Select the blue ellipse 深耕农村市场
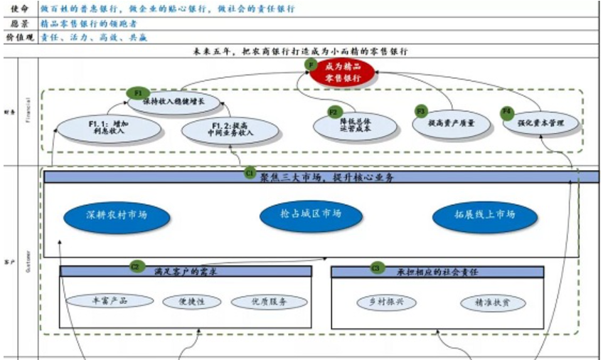tap(117, 214)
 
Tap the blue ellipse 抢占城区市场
tap(311, 214)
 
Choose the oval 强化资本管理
tap(543, 123)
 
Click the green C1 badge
tap(250, 172)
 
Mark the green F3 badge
tap(421, 112)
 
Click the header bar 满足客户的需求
tap(186, 271)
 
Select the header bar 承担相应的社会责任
tap(437, 271)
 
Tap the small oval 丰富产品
tap(110, 301)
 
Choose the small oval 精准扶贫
tap(493, 302)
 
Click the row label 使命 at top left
tap(18, 9)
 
